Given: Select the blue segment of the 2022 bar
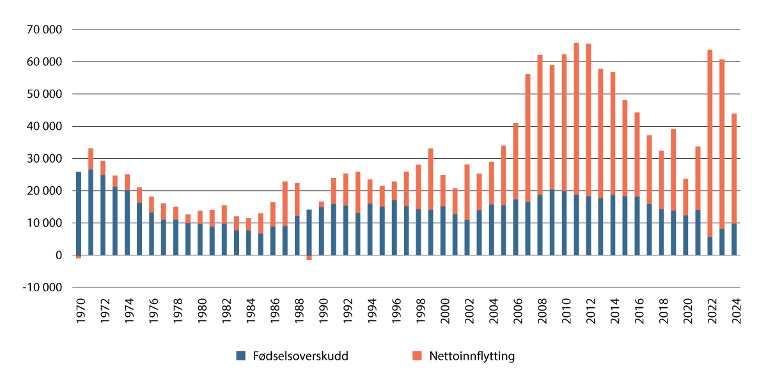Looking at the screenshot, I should coord(710,246).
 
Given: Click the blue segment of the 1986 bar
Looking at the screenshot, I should coord(273,241).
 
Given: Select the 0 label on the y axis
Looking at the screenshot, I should coord(59,255).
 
